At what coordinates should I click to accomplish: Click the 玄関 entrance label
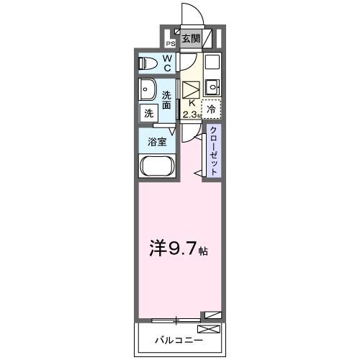click(190, 39)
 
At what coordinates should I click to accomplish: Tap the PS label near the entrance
click(171, 42)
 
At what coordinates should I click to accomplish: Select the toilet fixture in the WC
click(150, 62)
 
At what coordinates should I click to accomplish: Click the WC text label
click(167, 63)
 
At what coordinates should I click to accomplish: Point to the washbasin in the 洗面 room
click(150, 91)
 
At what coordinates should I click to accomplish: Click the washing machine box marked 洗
click(149, 113)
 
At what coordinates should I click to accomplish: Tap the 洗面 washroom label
click(167, 100)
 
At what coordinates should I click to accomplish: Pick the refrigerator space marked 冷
click(211, 109)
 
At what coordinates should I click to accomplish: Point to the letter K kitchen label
click(191, 103)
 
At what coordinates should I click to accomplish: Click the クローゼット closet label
click(214, 150)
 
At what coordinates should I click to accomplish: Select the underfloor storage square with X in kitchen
click(191, 90)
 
